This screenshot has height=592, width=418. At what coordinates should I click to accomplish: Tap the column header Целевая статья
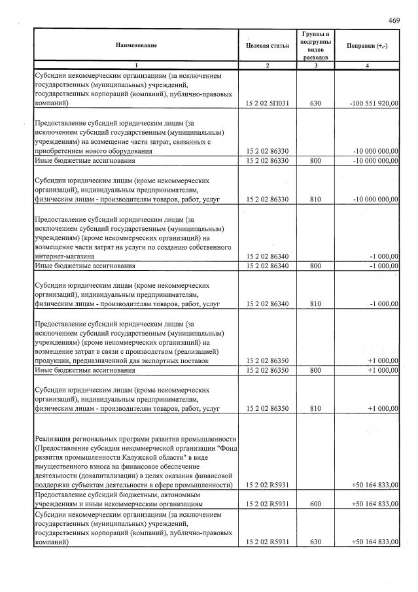point(268,45)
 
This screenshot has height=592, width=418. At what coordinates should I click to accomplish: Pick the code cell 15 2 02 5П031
point(267,103)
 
